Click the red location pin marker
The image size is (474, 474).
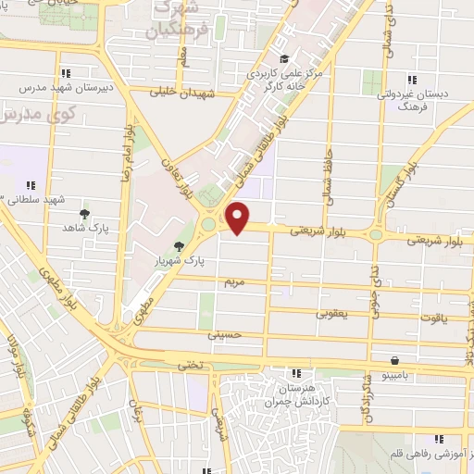coord(239,218)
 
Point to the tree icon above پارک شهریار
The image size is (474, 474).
coord(179,247)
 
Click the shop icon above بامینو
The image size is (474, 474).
coord(396,360)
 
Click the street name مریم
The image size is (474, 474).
coord(232,280)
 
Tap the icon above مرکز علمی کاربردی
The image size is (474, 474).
coord(283,59)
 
